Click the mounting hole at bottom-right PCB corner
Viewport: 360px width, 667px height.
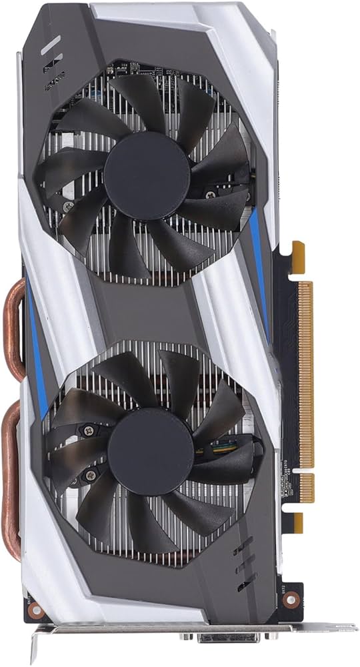coord(289,598)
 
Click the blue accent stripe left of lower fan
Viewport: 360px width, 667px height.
coord(37,360)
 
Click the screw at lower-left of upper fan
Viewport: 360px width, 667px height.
coord(67,207)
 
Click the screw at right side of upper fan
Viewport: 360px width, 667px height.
coord(211,194)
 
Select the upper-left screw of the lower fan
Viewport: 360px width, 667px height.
coord(85,432)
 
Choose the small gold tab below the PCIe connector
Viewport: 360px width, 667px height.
coord(297,522)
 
